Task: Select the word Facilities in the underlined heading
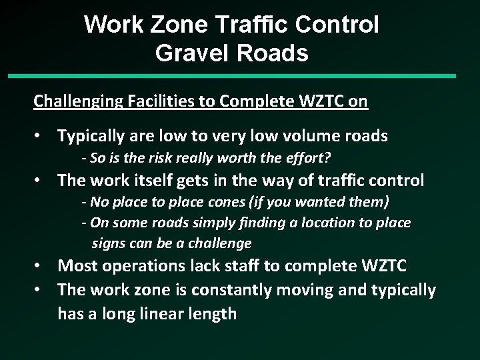tap(149, 102)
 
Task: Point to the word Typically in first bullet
tap(90, 137)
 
